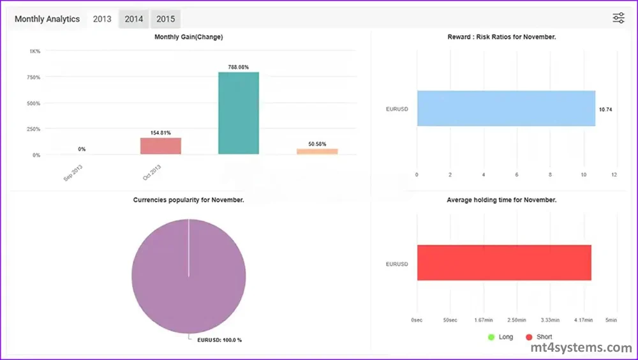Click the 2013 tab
point(102,19)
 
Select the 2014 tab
point(134,19)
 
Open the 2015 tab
point(165,19)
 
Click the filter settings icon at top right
point(618,19)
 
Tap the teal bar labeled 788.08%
point(239,113)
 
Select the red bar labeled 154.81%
point(161,146)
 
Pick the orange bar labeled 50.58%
point(317,151)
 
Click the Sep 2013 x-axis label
point(73,173)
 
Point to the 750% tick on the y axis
point(33,77)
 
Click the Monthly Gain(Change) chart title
point(189,37)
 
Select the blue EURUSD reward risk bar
point(506,108)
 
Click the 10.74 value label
point(605,110)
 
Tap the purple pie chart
point(189,274)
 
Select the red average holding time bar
point(504,262)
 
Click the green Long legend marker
point(491,336)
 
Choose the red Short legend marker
point(528,336)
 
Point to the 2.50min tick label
point(517,319)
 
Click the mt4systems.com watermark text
point(581,348)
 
